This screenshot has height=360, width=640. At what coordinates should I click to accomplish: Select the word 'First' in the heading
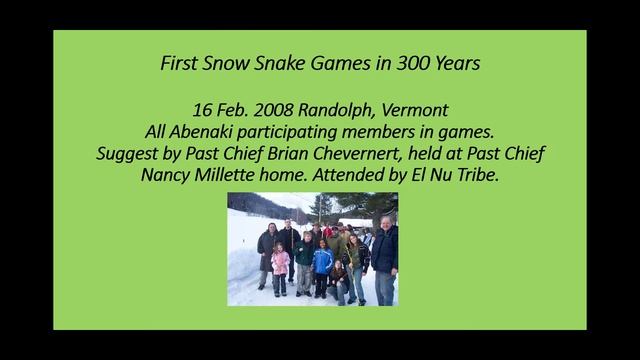point(181,63)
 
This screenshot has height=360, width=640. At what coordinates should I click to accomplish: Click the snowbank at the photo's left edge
point(243,265)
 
